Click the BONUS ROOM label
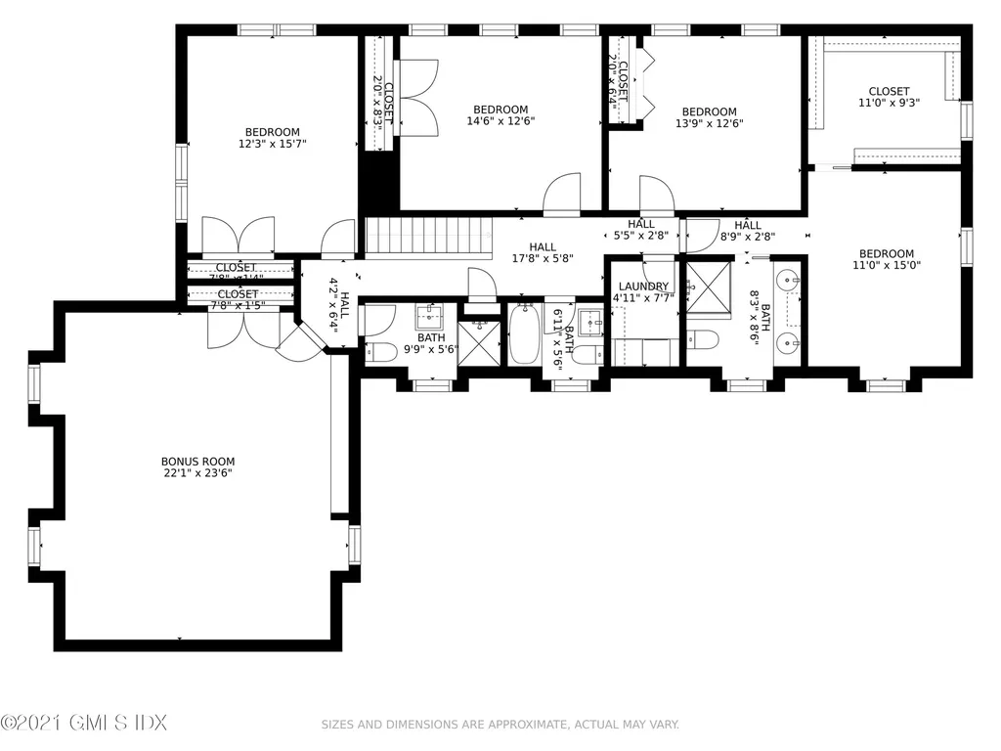(x=197, y=462)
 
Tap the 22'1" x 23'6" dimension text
(x=197, y=473)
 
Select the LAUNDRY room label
(x=643, y=287)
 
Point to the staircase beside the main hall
(x=428, y=238)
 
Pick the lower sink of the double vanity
(x=789, y=343)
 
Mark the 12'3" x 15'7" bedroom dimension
(x=272, y=144)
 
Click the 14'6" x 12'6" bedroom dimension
(x=500, y=121)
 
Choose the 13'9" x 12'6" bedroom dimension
(x=709, y=123)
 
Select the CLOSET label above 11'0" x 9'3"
(x=889, y=91)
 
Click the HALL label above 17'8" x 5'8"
(x=543, y=247)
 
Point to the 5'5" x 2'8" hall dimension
(x=640, y=236)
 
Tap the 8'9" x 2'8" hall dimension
(x=747, y=236)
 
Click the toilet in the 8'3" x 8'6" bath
(x=702, y=340)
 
